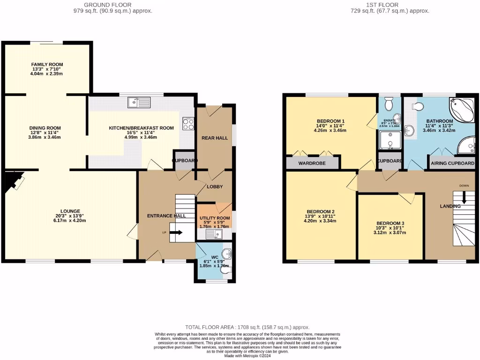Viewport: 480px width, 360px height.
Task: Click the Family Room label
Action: point(47,64)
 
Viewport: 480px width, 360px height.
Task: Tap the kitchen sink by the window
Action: point(139,101)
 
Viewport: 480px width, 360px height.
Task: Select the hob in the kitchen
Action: point(188,124)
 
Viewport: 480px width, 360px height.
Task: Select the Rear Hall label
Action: point(215,138)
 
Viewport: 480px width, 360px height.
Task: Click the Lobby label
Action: point(214,187)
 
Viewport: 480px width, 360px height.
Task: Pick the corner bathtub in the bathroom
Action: point(461,109)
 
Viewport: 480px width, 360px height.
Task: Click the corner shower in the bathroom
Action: point(466,147)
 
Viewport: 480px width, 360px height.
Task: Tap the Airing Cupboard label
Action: point(452,164)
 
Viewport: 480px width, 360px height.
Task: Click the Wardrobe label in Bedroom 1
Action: point(312,164)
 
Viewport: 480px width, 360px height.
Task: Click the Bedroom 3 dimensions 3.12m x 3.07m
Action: point(390,233)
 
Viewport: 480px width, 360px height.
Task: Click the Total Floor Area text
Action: point(247,327)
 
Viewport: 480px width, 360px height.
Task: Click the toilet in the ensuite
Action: point(388,103)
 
